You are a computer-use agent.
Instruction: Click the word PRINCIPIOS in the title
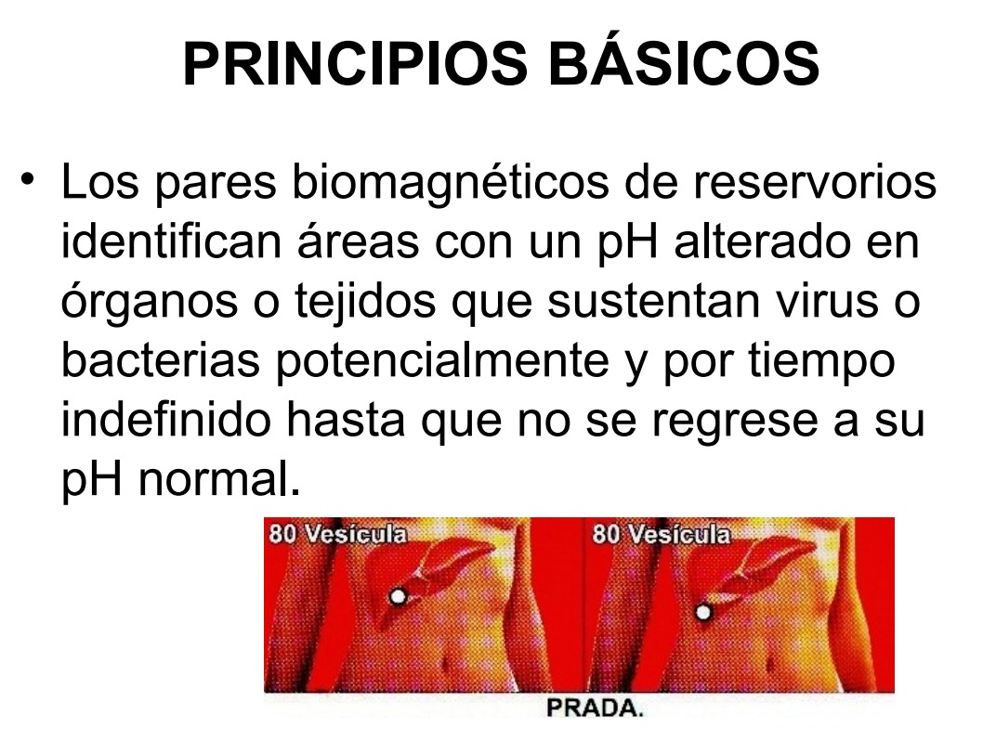pos(356,64)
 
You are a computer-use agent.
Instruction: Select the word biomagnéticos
pos(450,182)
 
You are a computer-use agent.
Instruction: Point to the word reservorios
pos(814,182)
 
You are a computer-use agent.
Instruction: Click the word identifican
pos(171,241)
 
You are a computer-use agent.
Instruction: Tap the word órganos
pos(150,302)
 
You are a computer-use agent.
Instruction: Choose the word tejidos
pos(365,302)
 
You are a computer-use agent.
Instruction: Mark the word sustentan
pos(653,302)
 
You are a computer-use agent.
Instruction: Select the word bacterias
pos(161,360)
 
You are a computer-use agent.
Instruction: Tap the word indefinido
pos(166,420)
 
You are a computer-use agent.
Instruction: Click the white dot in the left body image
pos(398,596)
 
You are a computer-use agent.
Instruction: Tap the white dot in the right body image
pos(703,611)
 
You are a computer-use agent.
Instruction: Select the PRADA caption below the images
pos(595,708)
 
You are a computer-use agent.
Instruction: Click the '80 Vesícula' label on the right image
pos(662,535)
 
